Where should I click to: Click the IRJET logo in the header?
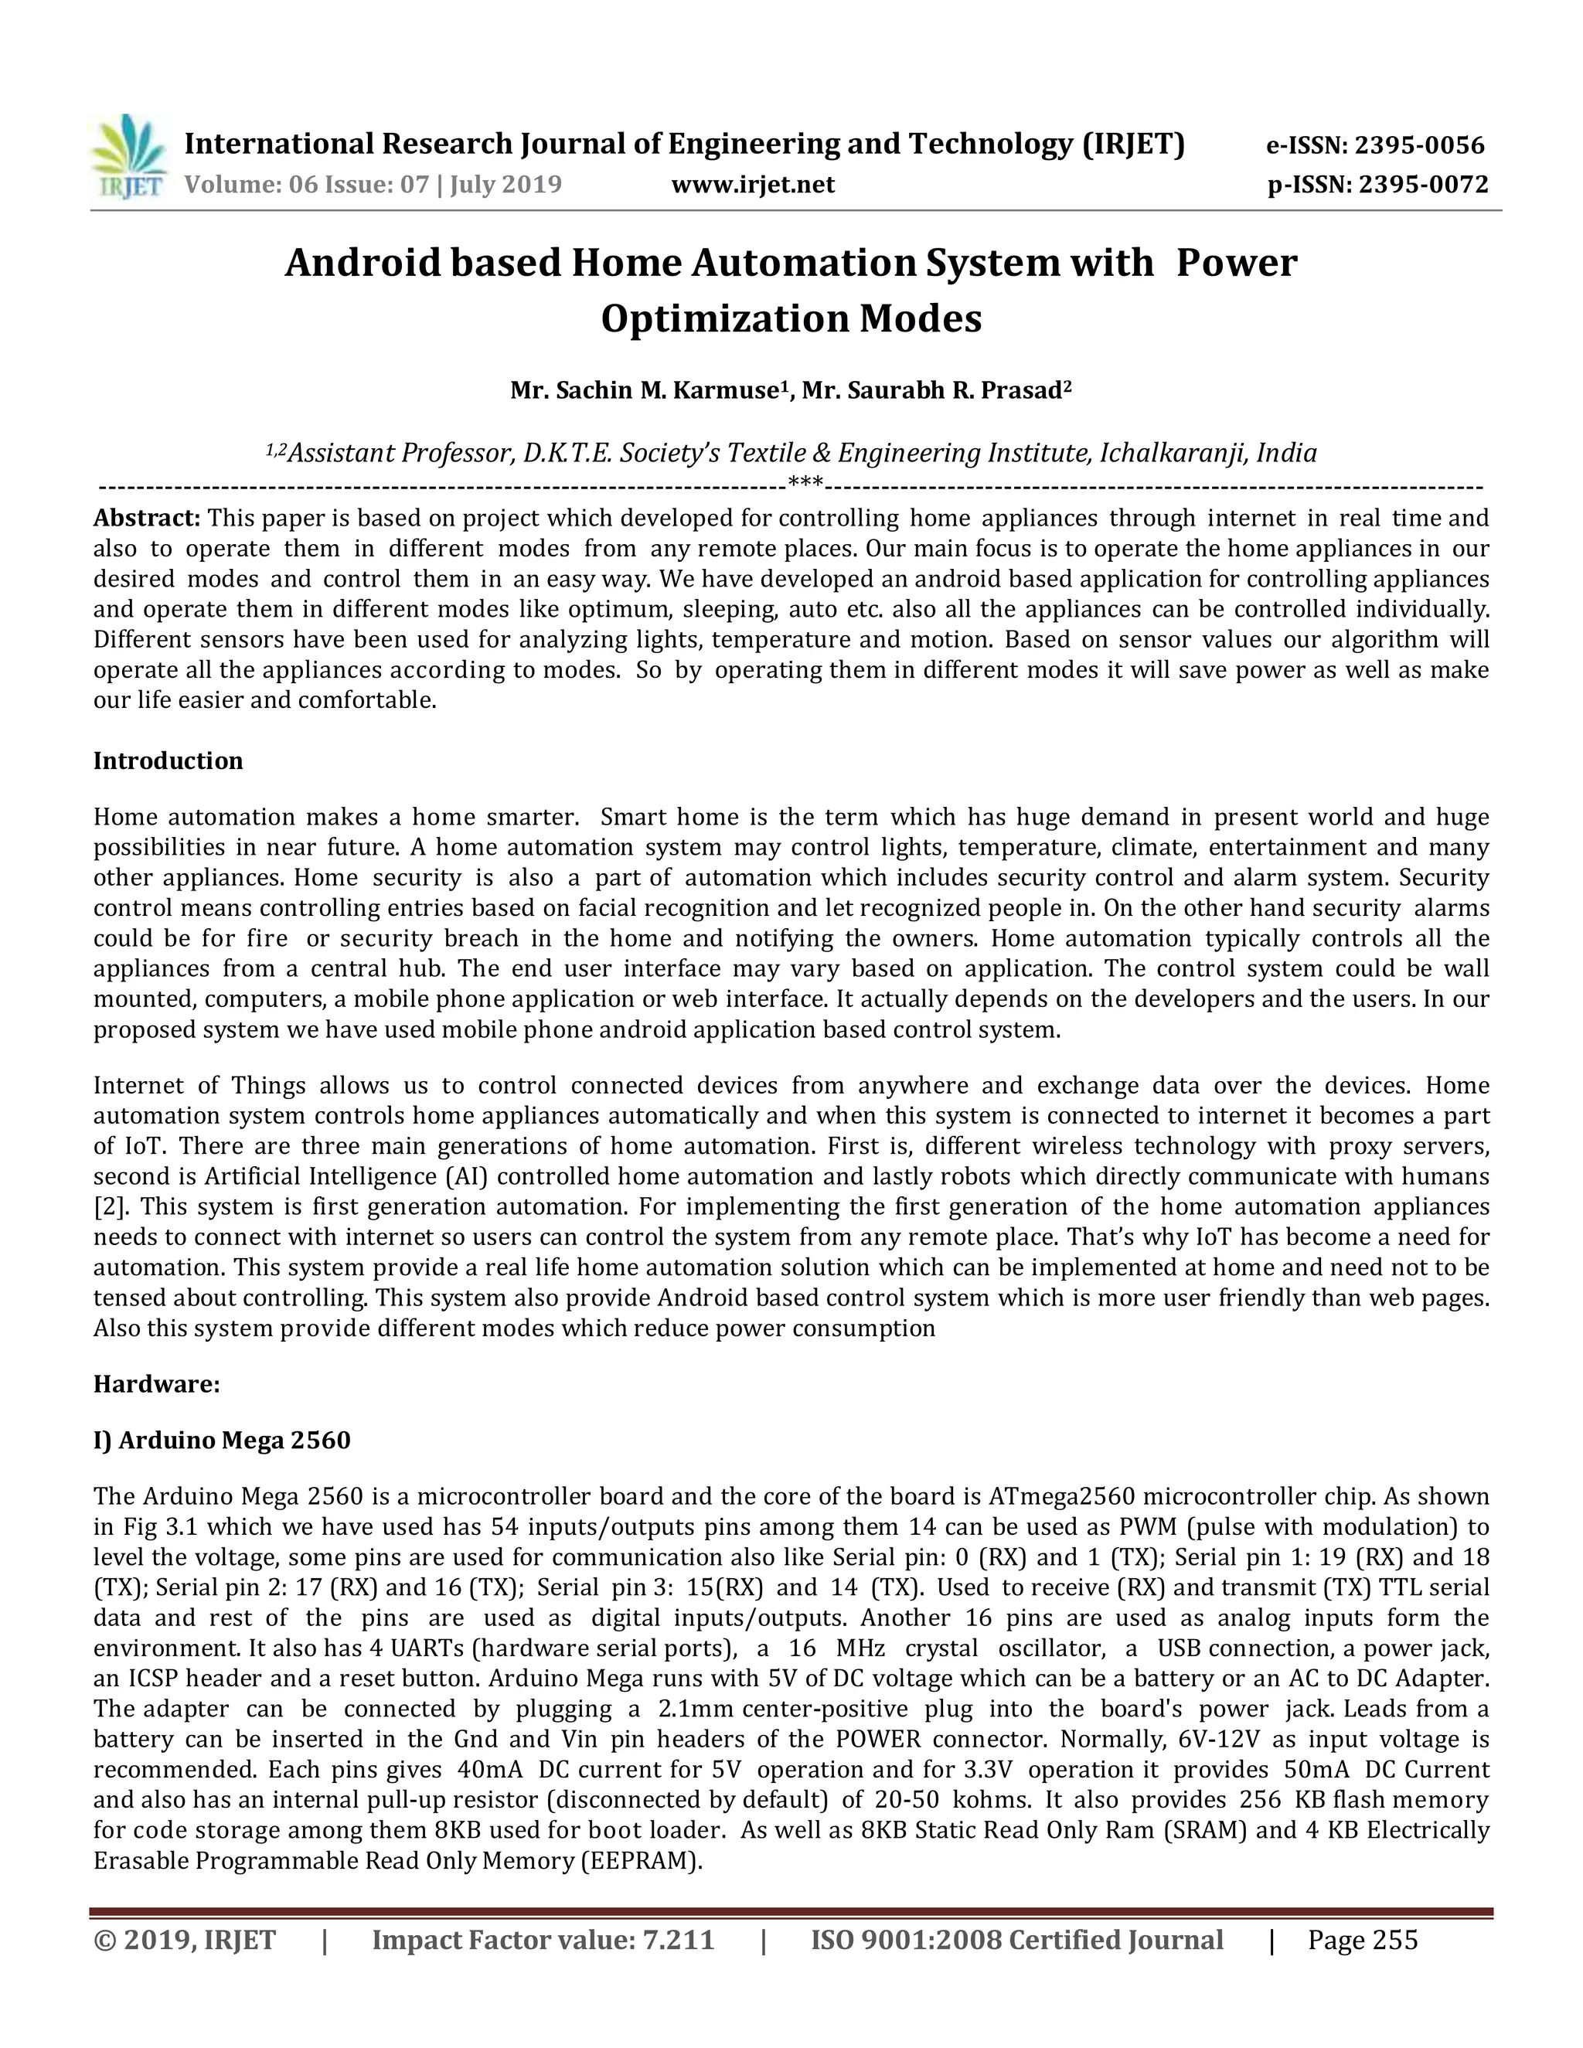(x=129, y=158)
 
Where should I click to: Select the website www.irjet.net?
(x=752, y=184)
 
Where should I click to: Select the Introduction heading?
(x=168, y=760)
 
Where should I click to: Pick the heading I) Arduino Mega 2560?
(x=221, y=1440)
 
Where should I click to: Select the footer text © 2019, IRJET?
(x=185, y=1939)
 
